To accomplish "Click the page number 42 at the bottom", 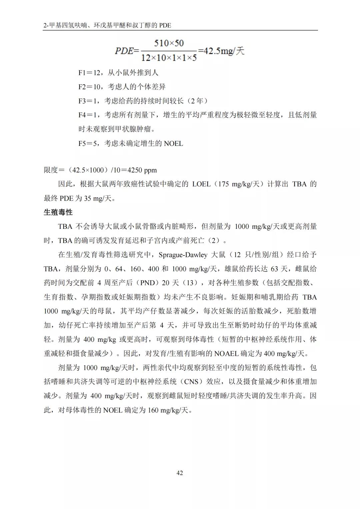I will point(180,473).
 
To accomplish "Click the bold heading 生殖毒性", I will point(58,212).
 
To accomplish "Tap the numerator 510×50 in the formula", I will point(169,43).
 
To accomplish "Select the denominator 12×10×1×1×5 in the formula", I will point(169,58).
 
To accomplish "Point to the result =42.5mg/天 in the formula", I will point(221,51).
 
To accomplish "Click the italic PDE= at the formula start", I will point(127,51).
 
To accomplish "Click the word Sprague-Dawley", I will point(183,255).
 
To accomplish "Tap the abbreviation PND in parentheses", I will point(147,283).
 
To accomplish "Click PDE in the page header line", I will point(165,25).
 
